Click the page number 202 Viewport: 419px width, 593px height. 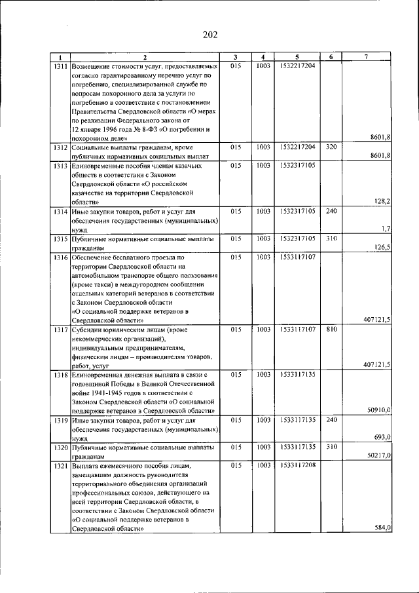(209, 35)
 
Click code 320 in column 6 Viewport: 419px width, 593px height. (331, 147)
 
